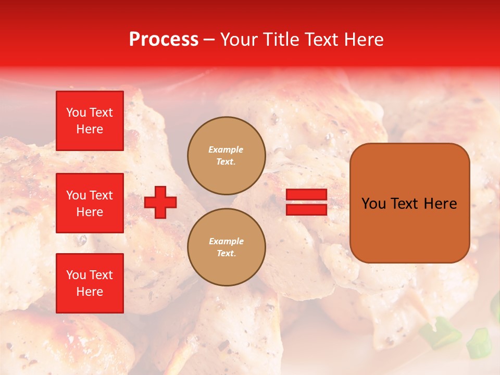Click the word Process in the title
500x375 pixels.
pyautogui.click(x=164, y=40)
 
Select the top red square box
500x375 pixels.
pyautogui.click(x=90, y=121)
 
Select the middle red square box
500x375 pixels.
pyautogui.click(x=90, y=203)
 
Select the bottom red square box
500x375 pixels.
pyautogui.click(x=90, y=283)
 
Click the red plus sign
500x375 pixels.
pyautogui.click(x=160, y=203)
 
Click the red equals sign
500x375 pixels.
pyautogui.click(x=307, y=202)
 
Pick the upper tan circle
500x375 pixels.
pyautogui.click(x=227, y=156)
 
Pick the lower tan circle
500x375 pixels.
pyautogui.click(x=227, y=247)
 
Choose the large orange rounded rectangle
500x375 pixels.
pyautogui.click(x=410, y=203)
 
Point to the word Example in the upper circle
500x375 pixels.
pyautogui.click(x=226, y=150)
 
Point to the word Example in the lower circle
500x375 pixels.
pyautogui.click(x=226, y=242)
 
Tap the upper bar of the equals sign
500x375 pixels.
pyautogui.click(x=307, y=195)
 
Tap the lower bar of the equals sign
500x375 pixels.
pyautogui.click(x=307, y=209)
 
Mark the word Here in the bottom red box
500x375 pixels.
pyautogui.click(x=90, y=292)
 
